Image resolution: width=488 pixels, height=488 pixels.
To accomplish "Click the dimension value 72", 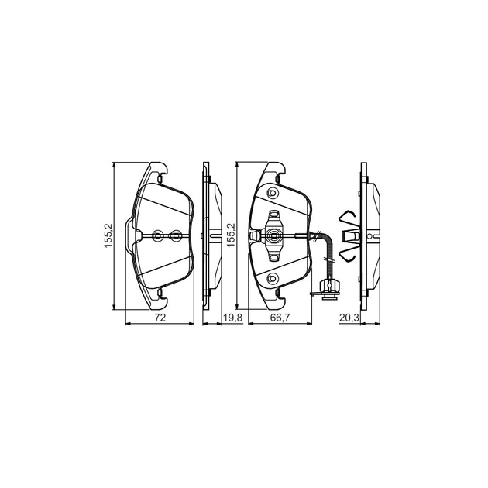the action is tap(160, 318).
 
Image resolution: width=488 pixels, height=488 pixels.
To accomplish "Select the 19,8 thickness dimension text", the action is tap(233, 318).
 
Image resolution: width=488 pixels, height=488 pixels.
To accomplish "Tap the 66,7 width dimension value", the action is tap(280, 318).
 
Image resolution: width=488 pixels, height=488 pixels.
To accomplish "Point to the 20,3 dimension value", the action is tap(349, 318).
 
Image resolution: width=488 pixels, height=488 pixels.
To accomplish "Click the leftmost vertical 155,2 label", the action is tap(108, 235).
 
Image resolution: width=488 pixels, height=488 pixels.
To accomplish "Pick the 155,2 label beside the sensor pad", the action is tap(231, 235).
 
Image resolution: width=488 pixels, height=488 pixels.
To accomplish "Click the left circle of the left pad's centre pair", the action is tap(158, 235).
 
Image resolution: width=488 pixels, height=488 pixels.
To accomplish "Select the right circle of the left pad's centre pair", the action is tap(176, 235).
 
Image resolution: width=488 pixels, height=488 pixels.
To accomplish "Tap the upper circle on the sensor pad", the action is tap(273, 194).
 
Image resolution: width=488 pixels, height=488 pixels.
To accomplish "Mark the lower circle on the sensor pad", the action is tap(273, 277).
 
